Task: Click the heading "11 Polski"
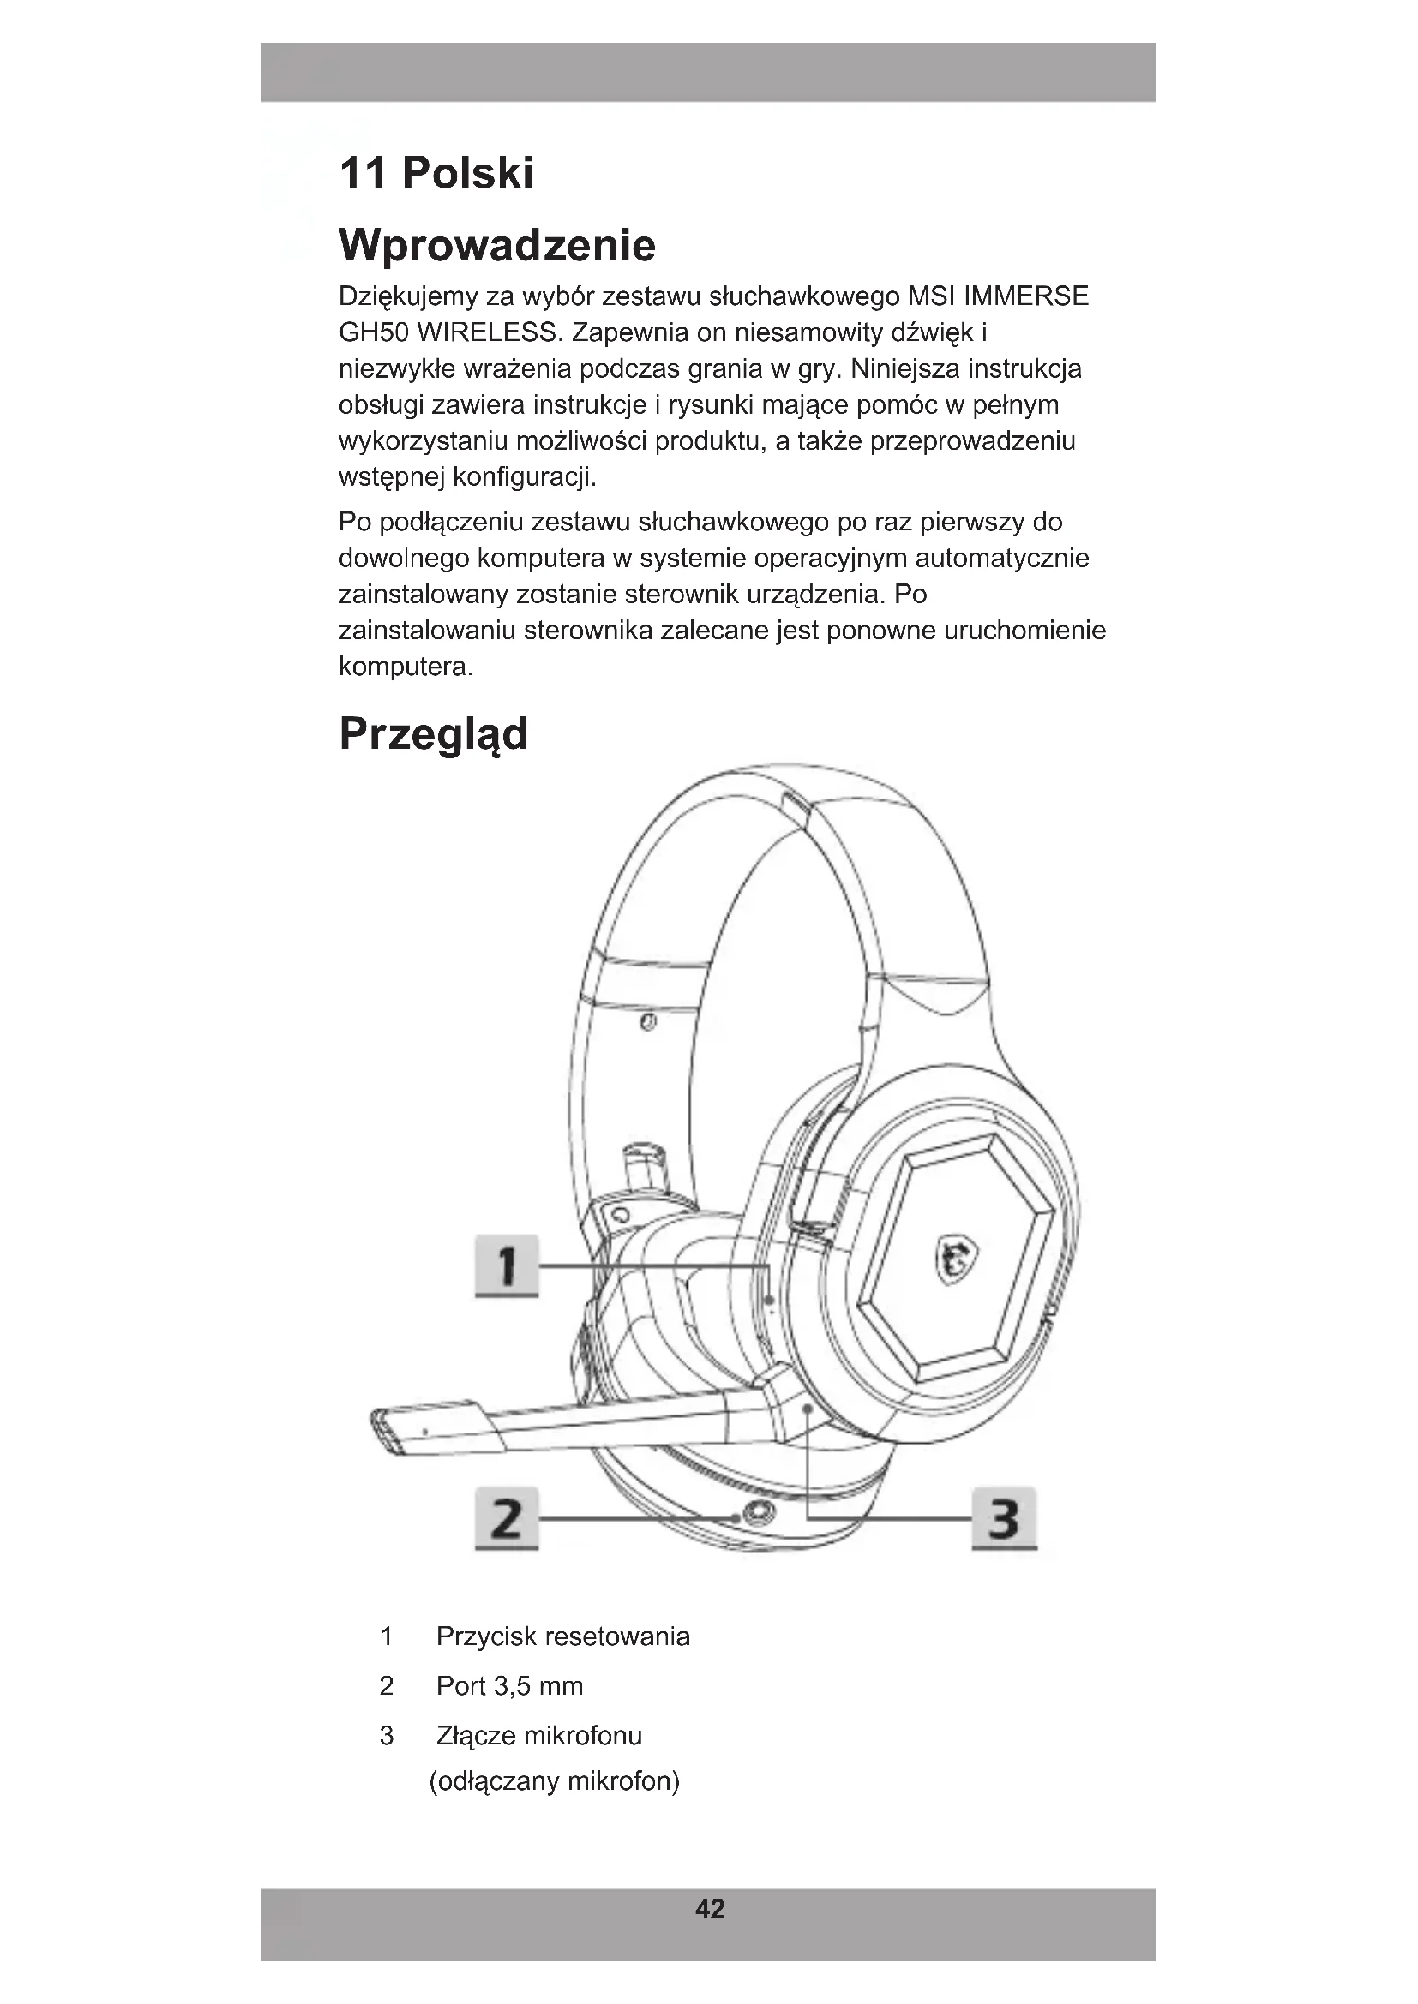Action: tap(436, 173)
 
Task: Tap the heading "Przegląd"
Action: tap(433, 733)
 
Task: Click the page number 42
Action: tap(709, 1909)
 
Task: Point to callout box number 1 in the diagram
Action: tap(507, 1265)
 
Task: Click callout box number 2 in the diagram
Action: tap(507, 1519)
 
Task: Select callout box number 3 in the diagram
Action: tap(1004, 1519)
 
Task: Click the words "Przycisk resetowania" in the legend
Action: tap(562, 1636)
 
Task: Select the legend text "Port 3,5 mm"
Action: tap(509, 1685)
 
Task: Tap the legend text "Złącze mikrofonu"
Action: tap(538, 1735)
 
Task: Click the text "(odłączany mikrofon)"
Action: tap(555, 1780)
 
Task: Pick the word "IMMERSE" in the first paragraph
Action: tap(1025, 296)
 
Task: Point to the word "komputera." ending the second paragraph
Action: tap(406, 667)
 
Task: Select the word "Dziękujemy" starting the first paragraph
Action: tap(408, 296)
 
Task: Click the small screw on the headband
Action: tap(647, 1021)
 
